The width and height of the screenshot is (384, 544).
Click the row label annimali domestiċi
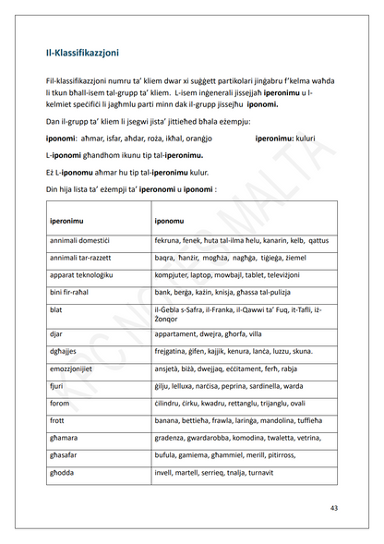pos(79,239)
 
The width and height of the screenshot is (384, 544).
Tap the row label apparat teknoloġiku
pos(81,276)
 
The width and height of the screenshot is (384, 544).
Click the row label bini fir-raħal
pos(72,293)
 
